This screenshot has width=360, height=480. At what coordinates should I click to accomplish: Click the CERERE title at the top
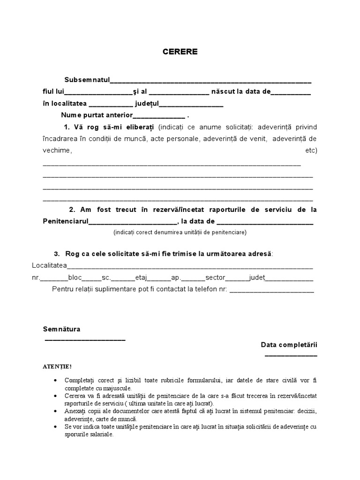coord(180,52)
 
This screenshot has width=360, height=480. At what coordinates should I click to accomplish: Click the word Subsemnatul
coord(87,80)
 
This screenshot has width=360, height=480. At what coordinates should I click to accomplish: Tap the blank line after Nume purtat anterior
coord(159,116)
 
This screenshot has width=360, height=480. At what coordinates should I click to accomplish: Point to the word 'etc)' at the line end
coord(311,150)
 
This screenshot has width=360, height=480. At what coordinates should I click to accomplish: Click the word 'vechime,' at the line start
coord(57,150)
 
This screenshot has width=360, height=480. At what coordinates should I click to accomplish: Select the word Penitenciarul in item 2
coord(65,221)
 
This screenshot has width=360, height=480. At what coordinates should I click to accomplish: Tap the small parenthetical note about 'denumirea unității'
coord(180,232)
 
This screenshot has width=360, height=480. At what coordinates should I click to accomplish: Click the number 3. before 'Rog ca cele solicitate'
coord(57,254)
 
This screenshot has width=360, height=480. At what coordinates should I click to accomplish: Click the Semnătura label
coord(61,329)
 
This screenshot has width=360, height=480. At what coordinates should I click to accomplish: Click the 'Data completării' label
coord(289,345)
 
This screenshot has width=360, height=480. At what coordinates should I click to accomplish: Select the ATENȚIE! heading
coord(57,366)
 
